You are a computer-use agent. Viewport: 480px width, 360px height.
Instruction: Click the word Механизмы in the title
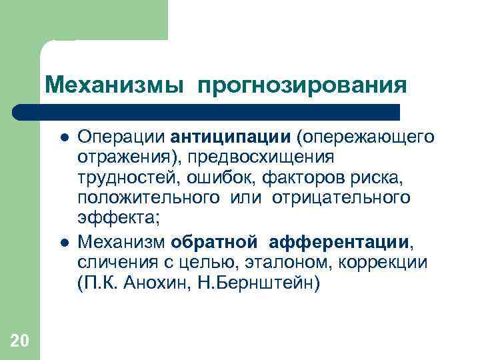coord(114,85)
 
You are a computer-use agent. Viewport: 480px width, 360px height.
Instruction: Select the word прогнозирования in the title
coord(301,86)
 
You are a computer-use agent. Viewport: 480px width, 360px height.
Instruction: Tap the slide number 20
coord(20,342)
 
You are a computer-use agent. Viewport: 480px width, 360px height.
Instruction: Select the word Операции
coord(121,137)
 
